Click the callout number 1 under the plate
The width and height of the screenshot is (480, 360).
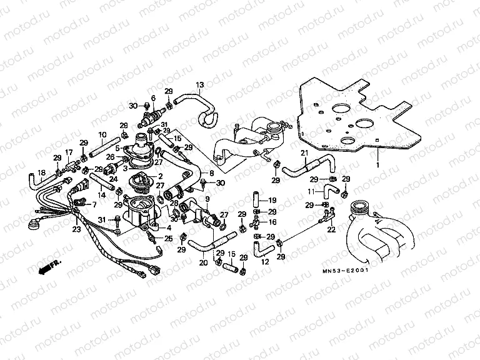377,164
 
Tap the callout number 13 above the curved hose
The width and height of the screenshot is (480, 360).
200,84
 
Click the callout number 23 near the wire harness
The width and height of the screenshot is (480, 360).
77,229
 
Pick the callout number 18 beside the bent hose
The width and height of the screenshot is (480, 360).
41,172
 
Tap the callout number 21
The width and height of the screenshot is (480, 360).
304,153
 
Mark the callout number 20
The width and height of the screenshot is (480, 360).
203,263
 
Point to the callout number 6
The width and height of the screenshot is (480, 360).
152,99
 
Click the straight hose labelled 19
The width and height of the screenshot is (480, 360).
256,201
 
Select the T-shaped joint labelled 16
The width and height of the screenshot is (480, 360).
256,222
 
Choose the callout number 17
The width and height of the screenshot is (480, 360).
69,152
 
